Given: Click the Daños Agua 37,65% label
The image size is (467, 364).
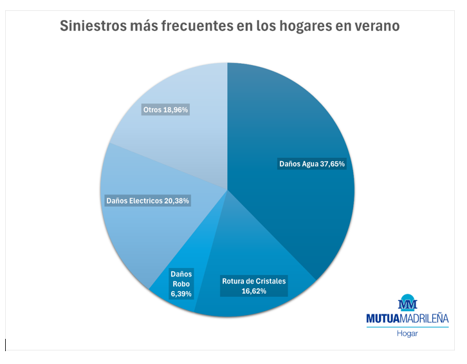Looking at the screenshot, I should point(312,164).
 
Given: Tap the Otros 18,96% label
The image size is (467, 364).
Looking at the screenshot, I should point(165,110).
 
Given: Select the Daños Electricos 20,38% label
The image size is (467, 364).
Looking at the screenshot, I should point(147,200).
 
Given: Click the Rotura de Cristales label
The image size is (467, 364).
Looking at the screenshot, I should point(253,281).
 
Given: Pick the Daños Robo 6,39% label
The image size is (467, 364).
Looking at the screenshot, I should point(181,283).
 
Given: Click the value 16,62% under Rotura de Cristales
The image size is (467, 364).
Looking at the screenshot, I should point(253,291).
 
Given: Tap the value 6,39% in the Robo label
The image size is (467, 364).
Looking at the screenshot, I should point(181,293).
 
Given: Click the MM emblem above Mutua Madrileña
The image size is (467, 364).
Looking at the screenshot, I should point(408,303).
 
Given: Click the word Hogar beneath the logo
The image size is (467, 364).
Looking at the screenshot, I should point(408,334).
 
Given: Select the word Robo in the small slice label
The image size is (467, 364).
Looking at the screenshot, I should point(181,283).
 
